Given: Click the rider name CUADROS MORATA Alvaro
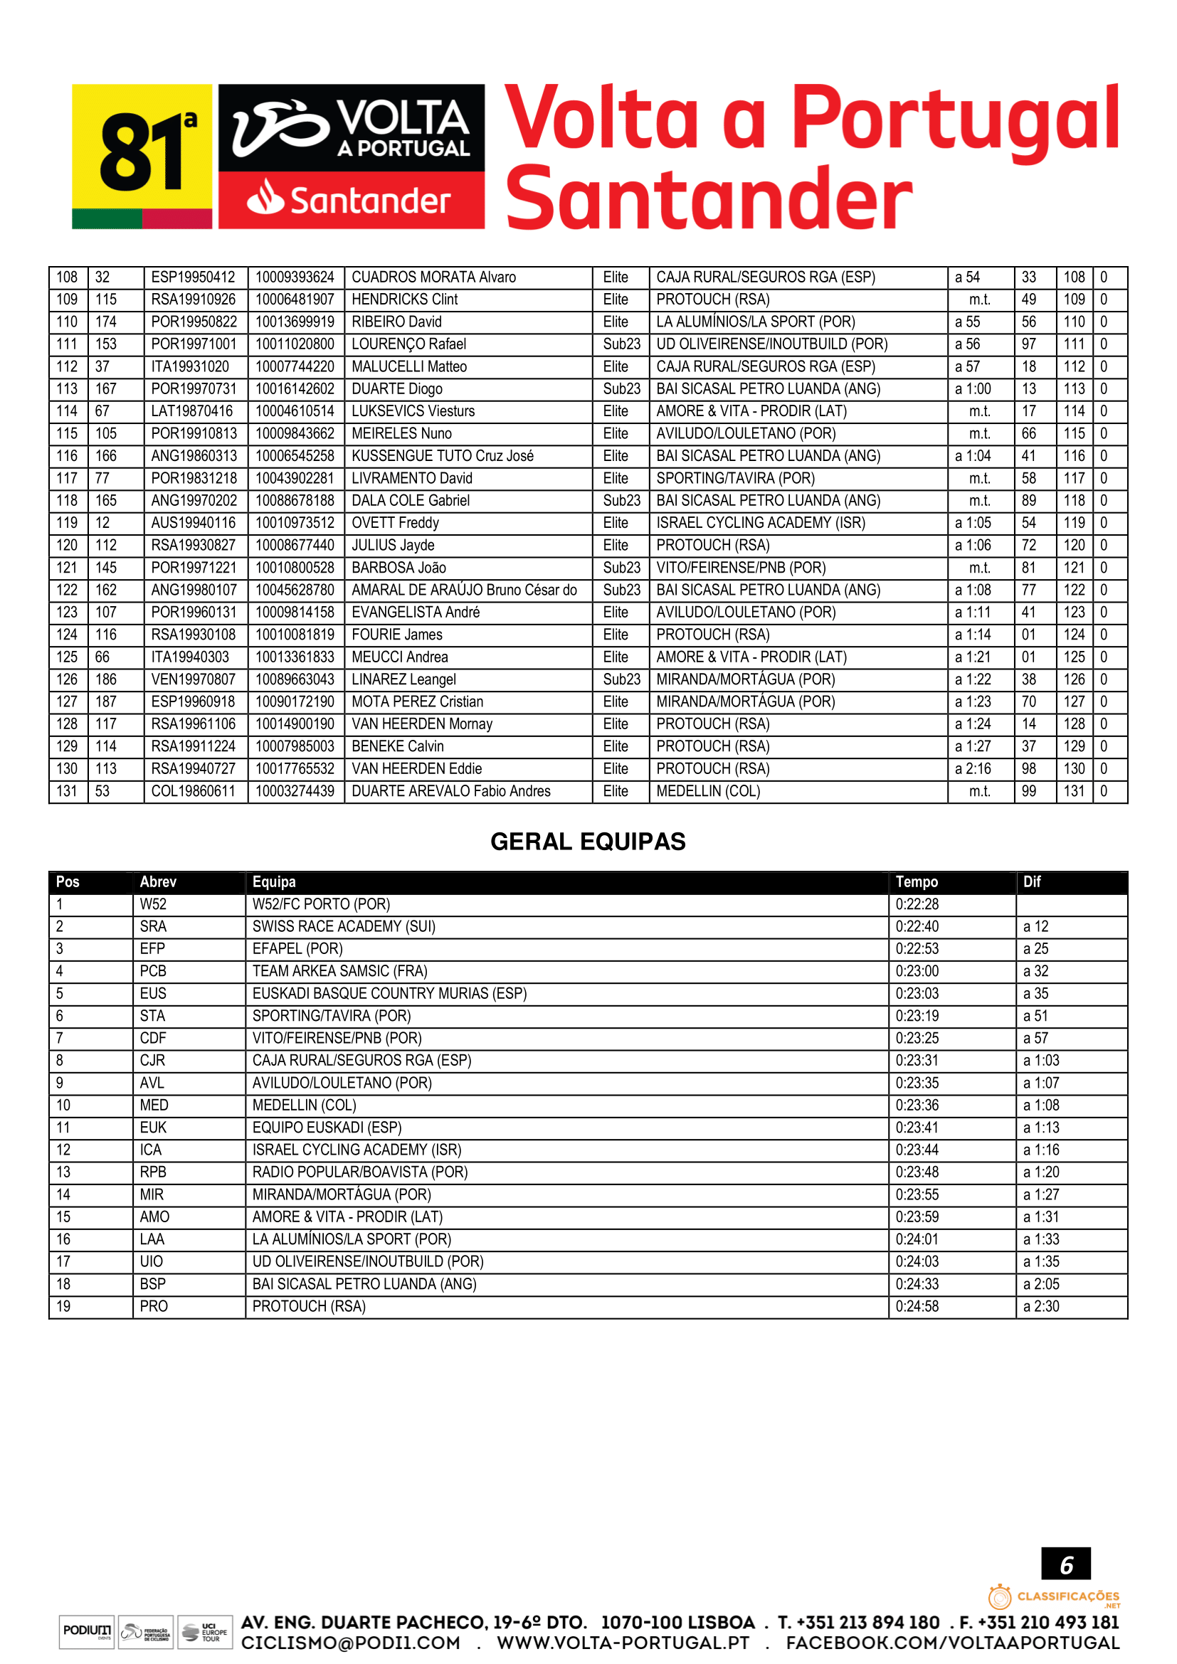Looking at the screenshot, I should point(433,277).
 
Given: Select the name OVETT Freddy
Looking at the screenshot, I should point(395,524).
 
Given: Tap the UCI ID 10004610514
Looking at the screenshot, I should point(295,412).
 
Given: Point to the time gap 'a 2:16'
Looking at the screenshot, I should point(973,769).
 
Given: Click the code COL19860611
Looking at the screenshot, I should point(193,791).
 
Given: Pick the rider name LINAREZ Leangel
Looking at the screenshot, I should point(403,680).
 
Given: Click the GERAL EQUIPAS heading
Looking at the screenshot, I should point(588,842).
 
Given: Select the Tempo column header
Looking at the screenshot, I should point(916,882).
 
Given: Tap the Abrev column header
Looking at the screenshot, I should point(158,882).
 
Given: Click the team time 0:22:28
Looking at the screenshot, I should point(917,904).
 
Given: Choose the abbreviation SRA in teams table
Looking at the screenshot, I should point(153,927).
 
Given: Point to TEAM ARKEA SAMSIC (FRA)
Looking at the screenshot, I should point(340,971).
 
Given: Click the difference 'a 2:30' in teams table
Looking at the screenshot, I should point(1041,1307).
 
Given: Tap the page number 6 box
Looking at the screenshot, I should point(1065,1564).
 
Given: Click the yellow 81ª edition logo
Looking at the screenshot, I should point(142,156).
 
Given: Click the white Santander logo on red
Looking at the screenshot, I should point(351,200).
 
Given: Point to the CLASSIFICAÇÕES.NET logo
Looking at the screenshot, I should point(1054,1596).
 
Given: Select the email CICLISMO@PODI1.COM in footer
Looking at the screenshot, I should point(351,1643).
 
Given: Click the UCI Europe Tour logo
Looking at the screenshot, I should point(205,1631).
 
